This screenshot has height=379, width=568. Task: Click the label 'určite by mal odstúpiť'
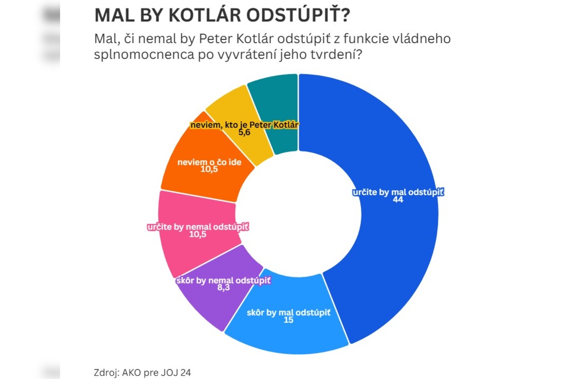coord(399,193)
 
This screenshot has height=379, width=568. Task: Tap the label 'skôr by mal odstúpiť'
coord(288,313)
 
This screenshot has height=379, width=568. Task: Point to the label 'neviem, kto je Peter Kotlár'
coord(245,125)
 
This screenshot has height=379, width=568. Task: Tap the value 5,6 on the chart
coord(244,133)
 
